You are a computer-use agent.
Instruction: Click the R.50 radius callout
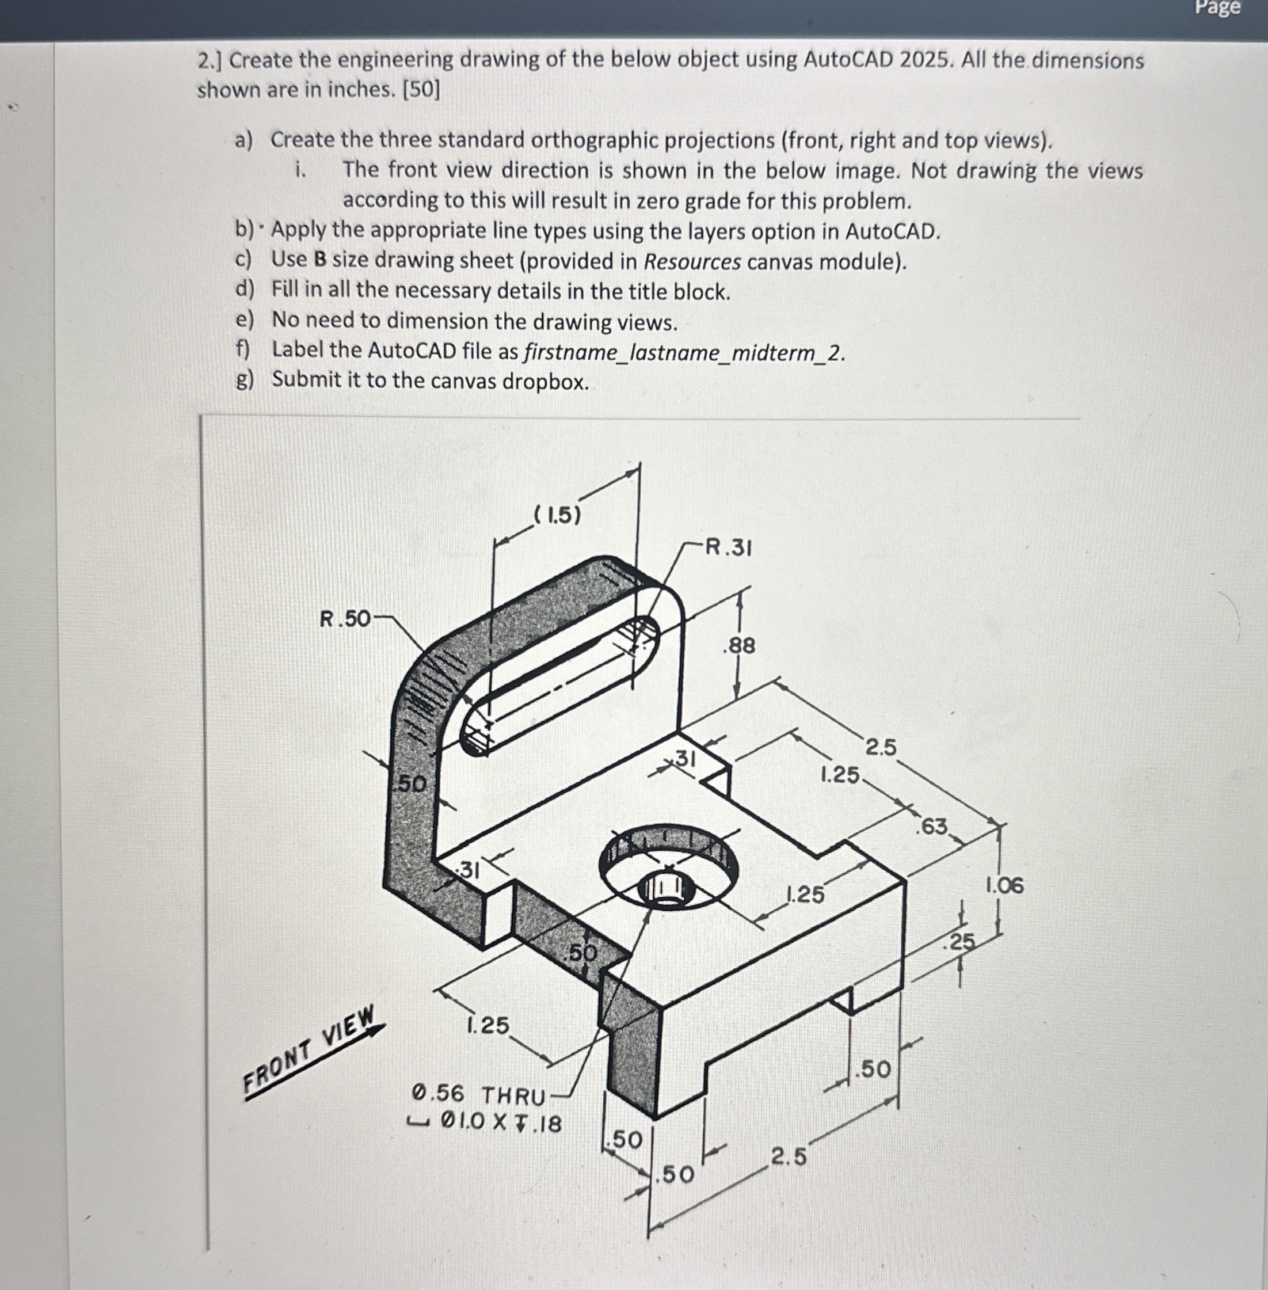(x=345, y=619)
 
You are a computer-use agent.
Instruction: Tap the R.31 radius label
(x=729, y=548)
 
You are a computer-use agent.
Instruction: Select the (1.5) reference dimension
(x=557, y=515)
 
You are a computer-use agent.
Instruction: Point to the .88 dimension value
(x=739, y=645)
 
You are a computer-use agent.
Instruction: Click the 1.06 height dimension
(x=1004, y=885)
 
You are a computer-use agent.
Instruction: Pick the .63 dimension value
(x=932, y=826)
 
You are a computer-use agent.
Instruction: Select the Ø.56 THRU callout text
(x=479, y=1095)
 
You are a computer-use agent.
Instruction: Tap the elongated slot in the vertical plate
(x=559, y=686)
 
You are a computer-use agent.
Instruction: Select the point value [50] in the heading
(x=421, y=89)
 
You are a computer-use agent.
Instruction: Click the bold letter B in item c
(x=319, y=260)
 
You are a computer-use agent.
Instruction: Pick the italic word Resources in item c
(x=692, y=262)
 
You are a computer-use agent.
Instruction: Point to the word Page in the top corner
(x=1218, y=8)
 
